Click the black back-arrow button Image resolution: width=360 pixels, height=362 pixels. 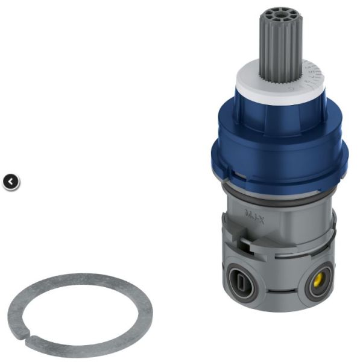pyautogui.click(x=11, y=181)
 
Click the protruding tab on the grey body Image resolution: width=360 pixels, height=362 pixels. pyautogui.click(x=250, y=244)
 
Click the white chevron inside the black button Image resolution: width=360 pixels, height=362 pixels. pyautogui.click(x=11, y=181)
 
